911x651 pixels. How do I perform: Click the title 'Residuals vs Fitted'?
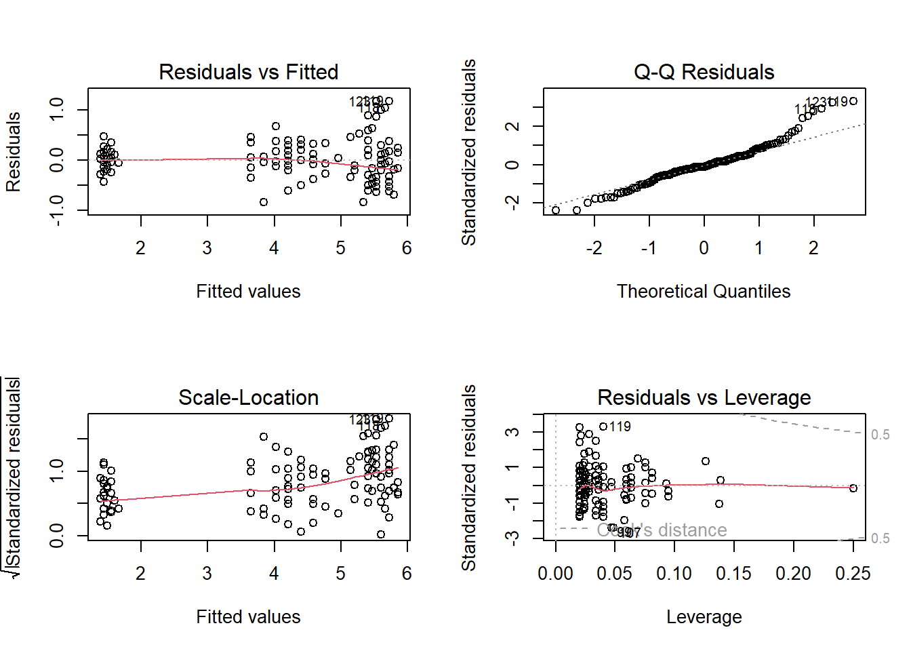248,72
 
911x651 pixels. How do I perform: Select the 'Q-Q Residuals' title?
704,72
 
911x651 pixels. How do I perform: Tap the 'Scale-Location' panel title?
248,397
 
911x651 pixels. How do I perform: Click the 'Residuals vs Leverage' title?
704,397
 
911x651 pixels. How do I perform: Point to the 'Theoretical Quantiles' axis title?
704,292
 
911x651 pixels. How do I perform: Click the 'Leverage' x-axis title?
704,617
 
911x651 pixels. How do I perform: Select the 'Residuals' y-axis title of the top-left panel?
14,152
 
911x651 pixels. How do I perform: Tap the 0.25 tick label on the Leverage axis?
853,574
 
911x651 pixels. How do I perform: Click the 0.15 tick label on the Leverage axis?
733,574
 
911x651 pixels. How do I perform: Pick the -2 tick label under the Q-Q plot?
594,248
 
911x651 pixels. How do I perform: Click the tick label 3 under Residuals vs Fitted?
207,248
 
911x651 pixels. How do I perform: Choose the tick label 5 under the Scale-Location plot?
340,574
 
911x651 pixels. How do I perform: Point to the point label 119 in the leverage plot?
620,427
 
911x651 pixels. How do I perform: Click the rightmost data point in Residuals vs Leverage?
853,488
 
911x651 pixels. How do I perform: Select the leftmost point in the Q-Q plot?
556,210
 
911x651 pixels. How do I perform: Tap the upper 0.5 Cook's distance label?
880,435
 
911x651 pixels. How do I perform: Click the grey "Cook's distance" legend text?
662,530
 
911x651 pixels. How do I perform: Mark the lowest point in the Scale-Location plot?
381,534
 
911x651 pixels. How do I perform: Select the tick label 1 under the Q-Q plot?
758,248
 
